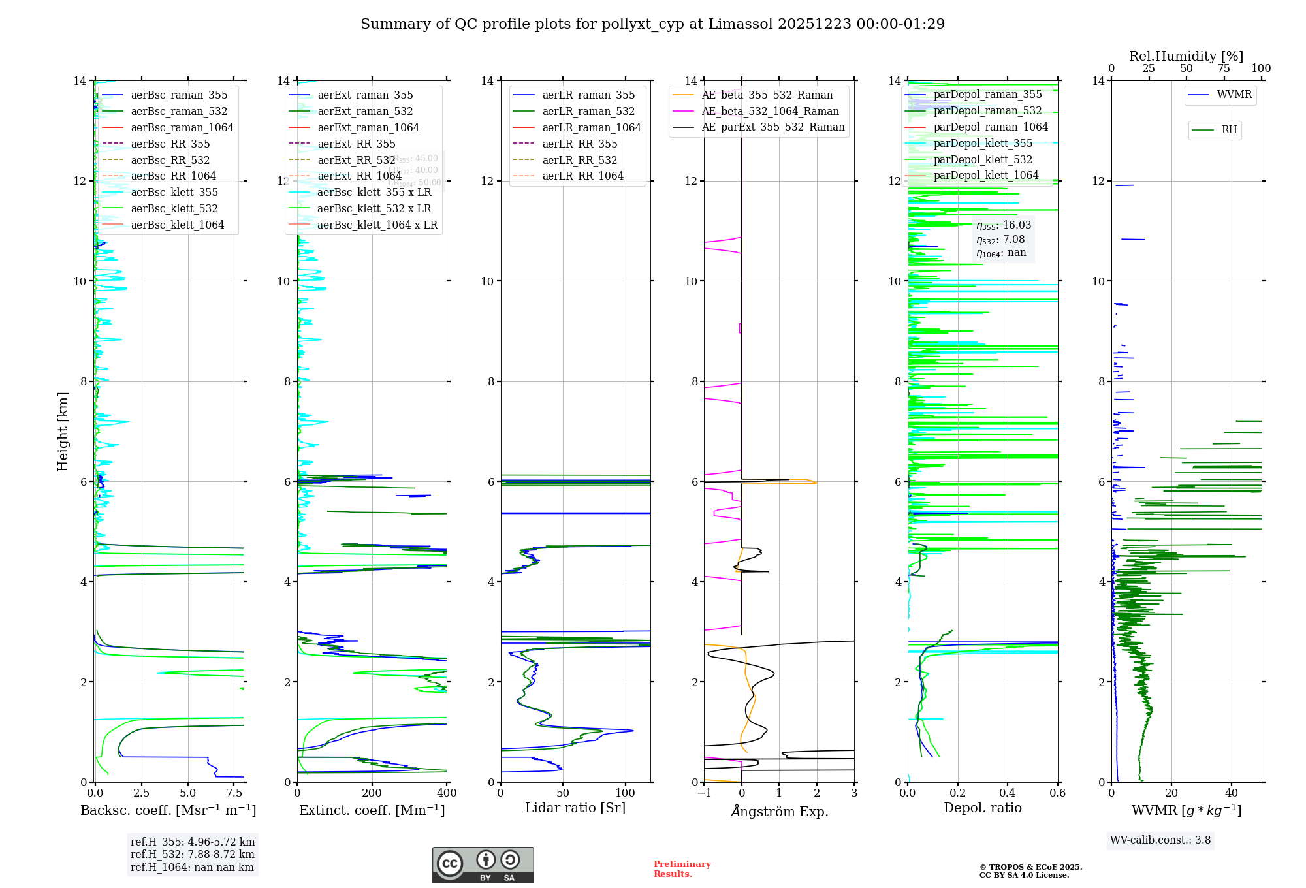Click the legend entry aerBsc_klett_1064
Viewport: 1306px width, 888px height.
177,225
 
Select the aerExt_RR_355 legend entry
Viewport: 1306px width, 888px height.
356,144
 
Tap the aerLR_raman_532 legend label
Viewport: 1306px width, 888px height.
588,111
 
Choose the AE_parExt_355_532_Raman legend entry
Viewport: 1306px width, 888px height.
772,127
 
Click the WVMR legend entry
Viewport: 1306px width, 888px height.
1234,95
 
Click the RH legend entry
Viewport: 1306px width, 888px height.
1228,130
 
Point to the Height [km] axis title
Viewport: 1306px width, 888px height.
63,431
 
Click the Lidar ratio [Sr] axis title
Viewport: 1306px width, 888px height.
575,808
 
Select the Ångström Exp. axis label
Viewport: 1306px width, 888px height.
779,811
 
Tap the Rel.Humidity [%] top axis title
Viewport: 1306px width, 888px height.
1186,56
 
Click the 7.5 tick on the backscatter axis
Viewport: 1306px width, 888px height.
234,793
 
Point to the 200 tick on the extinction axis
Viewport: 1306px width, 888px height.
372,793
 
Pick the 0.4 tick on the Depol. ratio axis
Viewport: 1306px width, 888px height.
1008,793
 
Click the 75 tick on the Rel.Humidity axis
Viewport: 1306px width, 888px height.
1223,68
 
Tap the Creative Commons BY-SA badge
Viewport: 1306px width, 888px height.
483,864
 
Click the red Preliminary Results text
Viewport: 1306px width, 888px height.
682,868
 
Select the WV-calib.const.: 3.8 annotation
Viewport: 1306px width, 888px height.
1160,840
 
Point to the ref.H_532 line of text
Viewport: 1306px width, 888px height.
193,854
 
